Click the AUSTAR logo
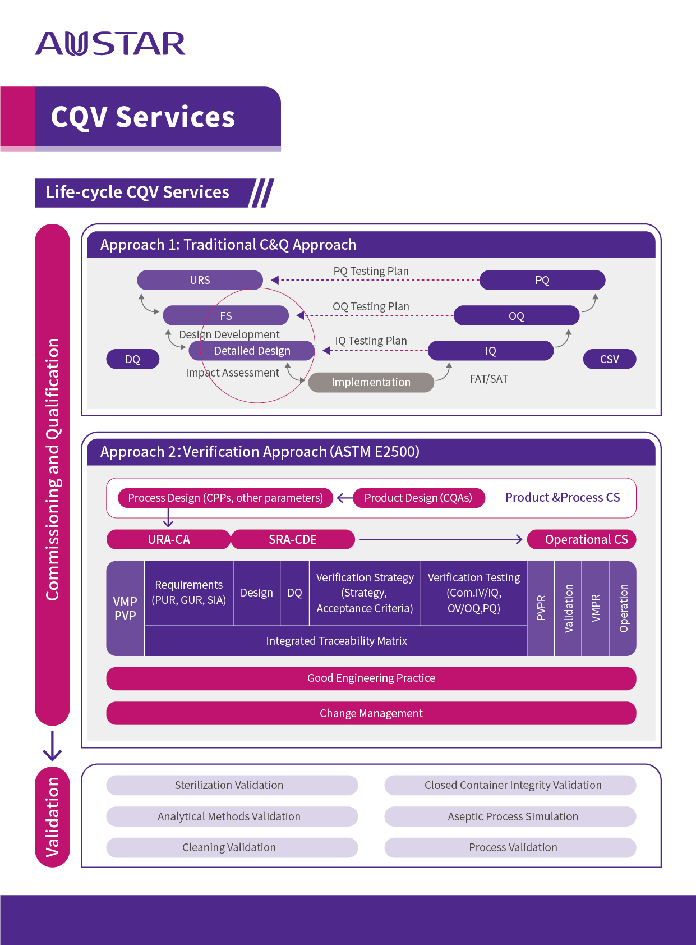[110, 44]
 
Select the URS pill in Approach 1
[200, 280]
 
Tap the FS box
[225, 316]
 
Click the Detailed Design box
[252, 351]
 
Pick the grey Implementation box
[371, 382]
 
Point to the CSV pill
[609, 359]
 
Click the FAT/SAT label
[488, 379]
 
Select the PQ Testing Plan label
[371, 271]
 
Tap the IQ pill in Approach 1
[490, 351]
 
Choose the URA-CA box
[168, 539]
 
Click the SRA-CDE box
[292, 539]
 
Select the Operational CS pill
[582, 539]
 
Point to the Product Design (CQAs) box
[418, 498]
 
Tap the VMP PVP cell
[125, 608]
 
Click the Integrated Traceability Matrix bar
[336, 641]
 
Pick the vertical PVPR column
[541, 608]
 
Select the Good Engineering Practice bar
[371, 678]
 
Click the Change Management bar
[371, 713]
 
